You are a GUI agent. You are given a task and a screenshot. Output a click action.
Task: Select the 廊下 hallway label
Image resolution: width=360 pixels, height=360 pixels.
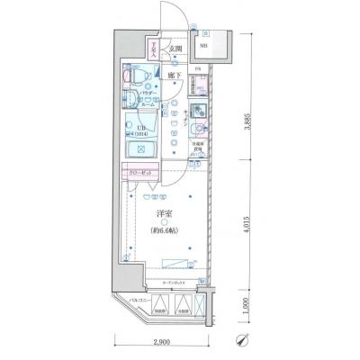tap(168, 76)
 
